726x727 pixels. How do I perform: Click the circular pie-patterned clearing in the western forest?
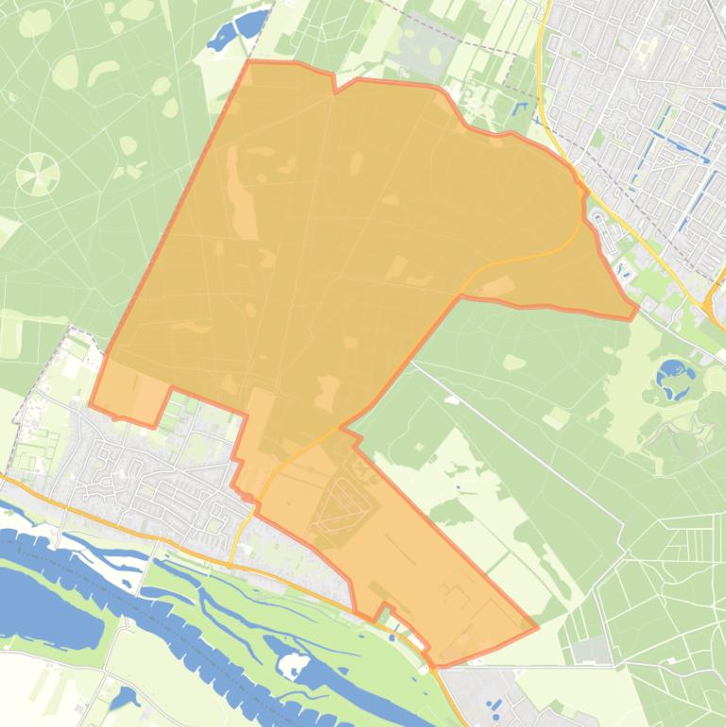point(38,174)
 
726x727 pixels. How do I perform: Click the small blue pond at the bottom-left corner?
point(123,700)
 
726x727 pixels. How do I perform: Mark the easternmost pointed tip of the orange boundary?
point(636,307)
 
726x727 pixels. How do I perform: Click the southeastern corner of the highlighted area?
point(536,626)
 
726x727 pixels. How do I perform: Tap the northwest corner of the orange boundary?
point(248,62)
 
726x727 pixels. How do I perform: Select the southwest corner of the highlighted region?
point(92,406)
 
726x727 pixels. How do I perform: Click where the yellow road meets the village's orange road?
point(232,564)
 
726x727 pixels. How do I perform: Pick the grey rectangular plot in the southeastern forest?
point(593,649)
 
